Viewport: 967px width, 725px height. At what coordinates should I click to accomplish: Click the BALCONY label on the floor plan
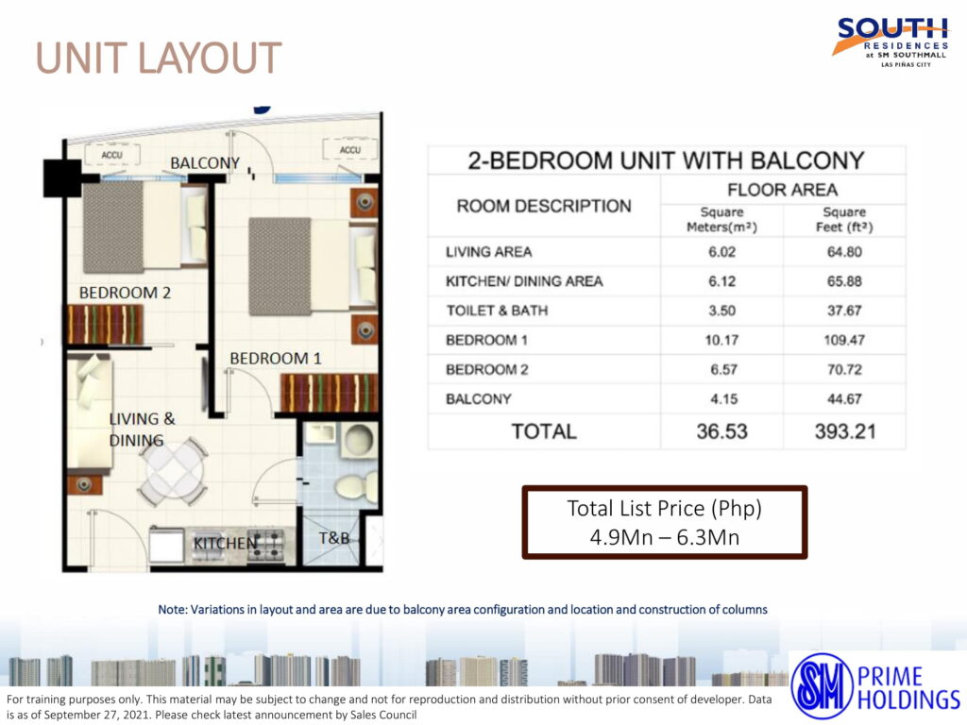[x=205, y=163]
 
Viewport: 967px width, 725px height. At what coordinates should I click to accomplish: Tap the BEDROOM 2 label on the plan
[x=125, y=293]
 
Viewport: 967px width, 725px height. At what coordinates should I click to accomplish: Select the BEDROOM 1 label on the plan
[x=276, y=359]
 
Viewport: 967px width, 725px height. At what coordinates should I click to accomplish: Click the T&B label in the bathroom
[x=334, y=538]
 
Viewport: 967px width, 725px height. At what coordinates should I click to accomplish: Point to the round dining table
[x=173, y=472]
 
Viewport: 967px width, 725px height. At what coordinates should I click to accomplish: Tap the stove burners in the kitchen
[x=265, y=545]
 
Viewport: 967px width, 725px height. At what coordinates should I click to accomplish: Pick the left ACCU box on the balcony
[x=111, y=155]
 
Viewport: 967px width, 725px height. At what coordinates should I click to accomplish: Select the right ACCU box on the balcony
[x=349, y=150]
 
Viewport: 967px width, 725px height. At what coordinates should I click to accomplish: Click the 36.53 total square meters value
[x=721, y=431]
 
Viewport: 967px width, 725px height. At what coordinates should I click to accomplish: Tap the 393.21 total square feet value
[x=845, y=431]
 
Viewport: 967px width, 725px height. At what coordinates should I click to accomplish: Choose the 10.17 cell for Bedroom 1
[x=721, y=340]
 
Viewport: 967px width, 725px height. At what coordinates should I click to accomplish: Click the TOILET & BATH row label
[x=497, y=311]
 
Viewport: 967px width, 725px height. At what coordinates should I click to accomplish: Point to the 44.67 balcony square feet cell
[x=844, y=399]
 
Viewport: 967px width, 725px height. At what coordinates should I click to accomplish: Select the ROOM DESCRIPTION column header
[x=544, y=206]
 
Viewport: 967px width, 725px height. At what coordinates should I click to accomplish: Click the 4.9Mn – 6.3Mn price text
[x=664, y=537]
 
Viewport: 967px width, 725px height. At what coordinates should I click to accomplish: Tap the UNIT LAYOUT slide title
[x=159, y=58]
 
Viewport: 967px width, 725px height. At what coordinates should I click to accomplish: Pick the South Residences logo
[x=890, y=42]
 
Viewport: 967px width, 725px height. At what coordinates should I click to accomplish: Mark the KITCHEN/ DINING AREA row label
[x=524, y=281]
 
